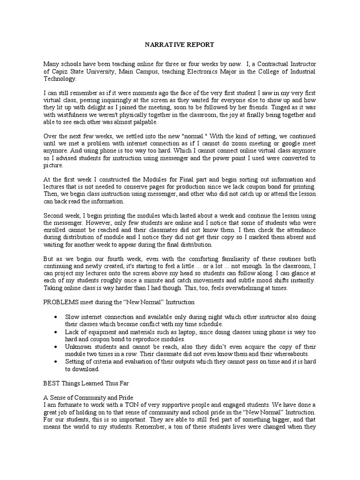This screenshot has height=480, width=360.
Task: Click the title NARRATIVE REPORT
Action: pyautogui.click(x=178, y=45)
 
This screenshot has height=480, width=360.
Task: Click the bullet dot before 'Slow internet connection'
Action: pyautogui.click(x=56, y=317)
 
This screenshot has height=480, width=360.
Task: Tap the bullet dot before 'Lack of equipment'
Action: pyautogui.click(x=56, y=331)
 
